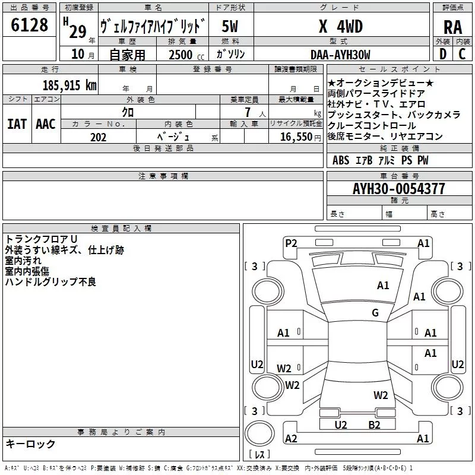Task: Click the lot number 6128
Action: click(30, 26)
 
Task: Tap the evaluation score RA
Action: click(452, 27)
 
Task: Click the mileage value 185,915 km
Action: click(70, 85)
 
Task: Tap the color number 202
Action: click(98, 137)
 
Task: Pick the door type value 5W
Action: click(230, 27)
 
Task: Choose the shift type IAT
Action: click(17, 124)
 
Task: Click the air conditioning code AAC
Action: click(46, 124)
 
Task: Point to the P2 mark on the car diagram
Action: click(291, 243)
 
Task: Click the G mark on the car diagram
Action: click(375, 313)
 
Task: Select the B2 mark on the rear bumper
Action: click(374, 425)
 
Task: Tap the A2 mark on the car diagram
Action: click(291, 438)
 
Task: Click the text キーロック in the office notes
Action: click(31, 444)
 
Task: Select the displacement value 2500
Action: click(180, 55)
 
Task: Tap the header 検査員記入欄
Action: click(121, 228)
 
